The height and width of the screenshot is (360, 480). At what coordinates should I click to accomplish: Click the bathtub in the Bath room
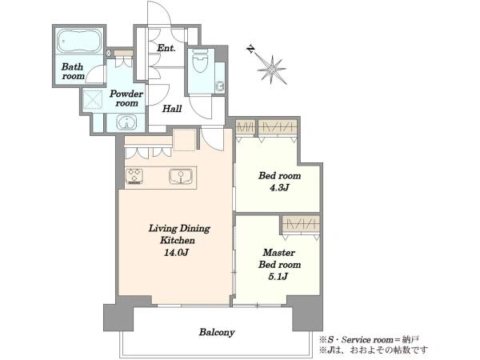(x=80, y=42)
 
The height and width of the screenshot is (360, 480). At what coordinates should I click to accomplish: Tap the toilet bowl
(x=200, y=61)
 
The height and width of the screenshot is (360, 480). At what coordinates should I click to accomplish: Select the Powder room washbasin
(x=126, y=122)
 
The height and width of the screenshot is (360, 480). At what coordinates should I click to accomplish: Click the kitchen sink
(x=181, y=177)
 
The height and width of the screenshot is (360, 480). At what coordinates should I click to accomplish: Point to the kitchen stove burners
(x=134, y=176)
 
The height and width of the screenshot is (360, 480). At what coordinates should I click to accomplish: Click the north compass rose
(x=272, y=70)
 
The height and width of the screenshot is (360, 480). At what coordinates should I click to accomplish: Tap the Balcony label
(x=217, y=332)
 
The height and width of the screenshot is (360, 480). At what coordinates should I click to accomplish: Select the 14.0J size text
(x=177, y=253)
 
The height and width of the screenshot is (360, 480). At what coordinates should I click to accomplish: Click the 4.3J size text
(x=279, y=188)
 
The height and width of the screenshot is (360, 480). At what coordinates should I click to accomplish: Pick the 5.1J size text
(x=278, y=277)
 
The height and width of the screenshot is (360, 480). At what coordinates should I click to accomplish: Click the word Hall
(x=172, y=108)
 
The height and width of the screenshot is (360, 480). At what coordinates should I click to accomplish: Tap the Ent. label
(x=166, y=48)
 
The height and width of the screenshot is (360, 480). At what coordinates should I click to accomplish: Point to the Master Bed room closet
(x=301, y=225)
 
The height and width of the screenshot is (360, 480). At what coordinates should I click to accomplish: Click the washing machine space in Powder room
(x=93, y=99)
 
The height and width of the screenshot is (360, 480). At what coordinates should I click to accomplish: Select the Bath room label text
(x=73, y=71)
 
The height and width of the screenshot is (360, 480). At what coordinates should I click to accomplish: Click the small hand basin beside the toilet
(x=219, y=86)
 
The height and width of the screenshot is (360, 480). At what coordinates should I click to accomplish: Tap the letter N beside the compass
(x=251, y=50)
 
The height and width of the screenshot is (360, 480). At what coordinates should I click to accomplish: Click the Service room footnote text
(x=369, y=340)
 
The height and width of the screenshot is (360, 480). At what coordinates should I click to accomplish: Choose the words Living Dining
(x=179, y=229)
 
